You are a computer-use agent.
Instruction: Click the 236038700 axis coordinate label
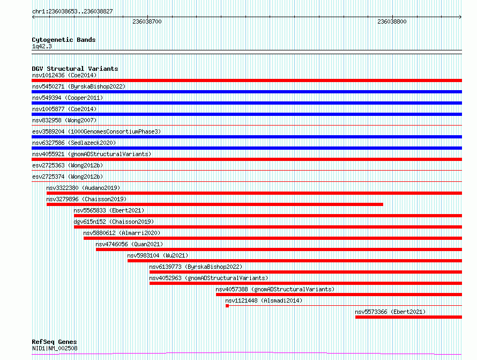(147, 21)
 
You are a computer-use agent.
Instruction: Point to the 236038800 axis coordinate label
(392, 21)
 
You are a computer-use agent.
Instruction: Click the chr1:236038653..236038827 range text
(72, 11)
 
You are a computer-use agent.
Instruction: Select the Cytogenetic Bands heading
(64, 40)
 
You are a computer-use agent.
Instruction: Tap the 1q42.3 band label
(42, 46)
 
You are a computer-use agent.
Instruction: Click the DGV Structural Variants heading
(75, 69)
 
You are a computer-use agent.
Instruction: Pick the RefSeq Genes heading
(54, 342)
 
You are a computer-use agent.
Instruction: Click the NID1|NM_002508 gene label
(55, 348)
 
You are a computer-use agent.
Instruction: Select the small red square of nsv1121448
(227, 306)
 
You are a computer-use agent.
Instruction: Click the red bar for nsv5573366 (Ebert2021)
(408, 317)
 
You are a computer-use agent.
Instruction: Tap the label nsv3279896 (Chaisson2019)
(86, 199)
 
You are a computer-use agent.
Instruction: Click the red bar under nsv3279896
(215, 204)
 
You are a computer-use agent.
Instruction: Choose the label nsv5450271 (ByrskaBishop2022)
(79, 86)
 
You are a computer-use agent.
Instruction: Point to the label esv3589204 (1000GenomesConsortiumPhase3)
(96, 131)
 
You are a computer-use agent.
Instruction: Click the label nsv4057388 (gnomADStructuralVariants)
(275, 289)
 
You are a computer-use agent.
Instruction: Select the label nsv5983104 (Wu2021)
(158, 255)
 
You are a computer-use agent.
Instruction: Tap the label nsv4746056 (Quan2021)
(129, 244)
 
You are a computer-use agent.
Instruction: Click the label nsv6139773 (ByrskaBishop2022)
(196, 267)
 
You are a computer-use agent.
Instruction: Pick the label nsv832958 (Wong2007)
(64, 120)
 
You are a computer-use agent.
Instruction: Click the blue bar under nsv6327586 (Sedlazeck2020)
(247, 148)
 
